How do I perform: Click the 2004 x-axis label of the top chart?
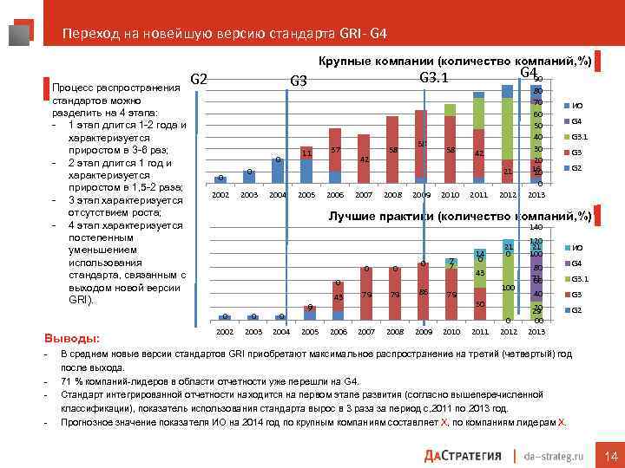278,195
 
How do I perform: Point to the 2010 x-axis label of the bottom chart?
451,331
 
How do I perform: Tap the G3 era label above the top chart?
298,81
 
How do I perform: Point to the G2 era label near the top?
198,80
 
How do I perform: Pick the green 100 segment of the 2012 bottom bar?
508,289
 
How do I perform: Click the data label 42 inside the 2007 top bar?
365,159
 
